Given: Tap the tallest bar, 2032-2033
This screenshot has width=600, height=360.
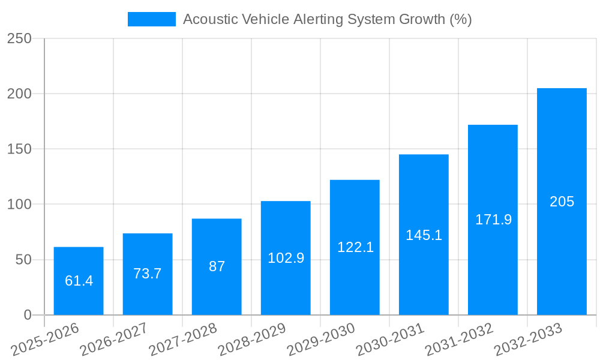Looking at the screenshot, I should coord(562,150).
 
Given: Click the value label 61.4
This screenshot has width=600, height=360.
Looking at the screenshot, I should coord(79,281).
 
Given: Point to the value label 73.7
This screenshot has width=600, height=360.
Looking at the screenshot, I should coord(148,274).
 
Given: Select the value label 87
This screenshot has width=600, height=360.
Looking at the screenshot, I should coord(217,267).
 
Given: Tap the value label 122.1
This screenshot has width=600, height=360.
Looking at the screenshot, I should coord(355,247).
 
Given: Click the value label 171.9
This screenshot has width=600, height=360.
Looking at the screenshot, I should coord(493,220).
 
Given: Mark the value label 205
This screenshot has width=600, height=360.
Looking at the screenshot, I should coord(562,202).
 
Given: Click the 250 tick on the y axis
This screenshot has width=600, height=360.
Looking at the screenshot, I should coord(19,38).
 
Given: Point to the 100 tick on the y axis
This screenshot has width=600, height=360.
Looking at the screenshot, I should coord(19,205).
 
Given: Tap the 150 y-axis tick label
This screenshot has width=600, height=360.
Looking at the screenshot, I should coord(19,149).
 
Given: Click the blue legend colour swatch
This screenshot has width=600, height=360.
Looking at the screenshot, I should coord(152,19).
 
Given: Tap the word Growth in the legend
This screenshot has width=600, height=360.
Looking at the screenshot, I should coord(423,19).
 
